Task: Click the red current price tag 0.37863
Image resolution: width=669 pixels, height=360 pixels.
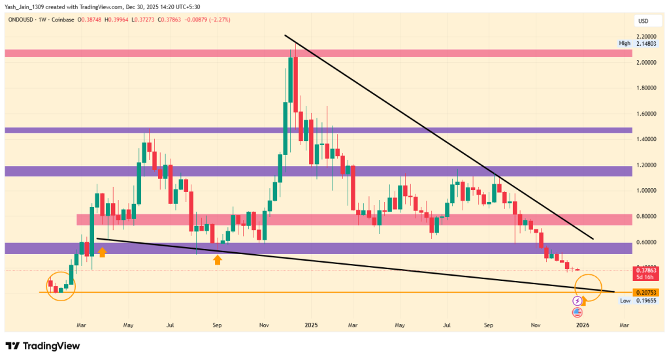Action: tap(645, 269)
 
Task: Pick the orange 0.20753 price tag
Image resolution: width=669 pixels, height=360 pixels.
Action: tap(645, 292)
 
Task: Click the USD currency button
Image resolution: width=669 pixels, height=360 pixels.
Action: tap(642, 21)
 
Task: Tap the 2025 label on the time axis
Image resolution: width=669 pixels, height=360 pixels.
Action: tap(311, 324)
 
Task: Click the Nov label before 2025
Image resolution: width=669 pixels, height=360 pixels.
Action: tap(265, 324)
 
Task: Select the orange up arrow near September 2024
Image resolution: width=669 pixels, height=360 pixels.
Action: tap(218, 260)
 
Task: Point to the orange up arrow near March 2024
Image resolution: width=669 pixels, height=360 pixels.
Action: tap(102, 252)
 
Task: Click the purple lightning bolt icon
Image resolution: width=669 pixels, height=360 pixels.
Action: tap(577, 301)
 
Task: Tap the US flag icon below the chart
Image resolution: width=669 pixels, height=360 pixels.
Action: tap(577, 313)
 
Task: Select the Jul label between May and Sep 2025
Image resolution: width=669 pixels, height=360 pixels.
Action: tap(448, 324)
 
